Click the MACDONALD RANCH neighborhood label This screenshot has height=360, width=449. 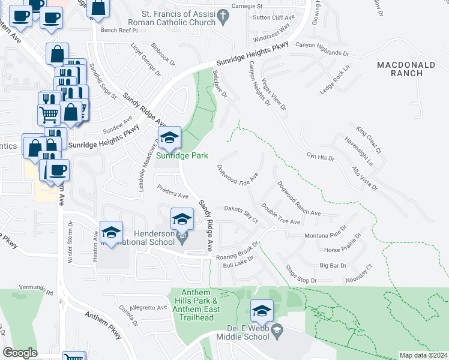[x=408, y=68]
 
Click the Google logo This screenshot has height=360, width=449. [x=20, y=353]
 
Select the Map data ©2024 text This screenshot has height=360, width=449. [x=423, y=355]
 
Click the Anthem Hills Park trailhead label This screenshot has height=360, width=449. [x=197, y=301]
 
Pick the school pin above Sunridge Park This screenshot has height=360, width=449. [x=169, y=139]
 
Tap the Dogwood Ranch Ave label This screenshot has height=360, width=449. [x=300, y=199]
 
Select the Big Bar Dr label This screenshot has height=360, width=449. [x=333, y=265]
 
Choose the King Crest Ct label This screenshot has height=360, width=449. [x=368, y=138]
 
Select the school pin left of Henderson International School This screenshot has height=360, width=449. [x=111, y=233]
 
